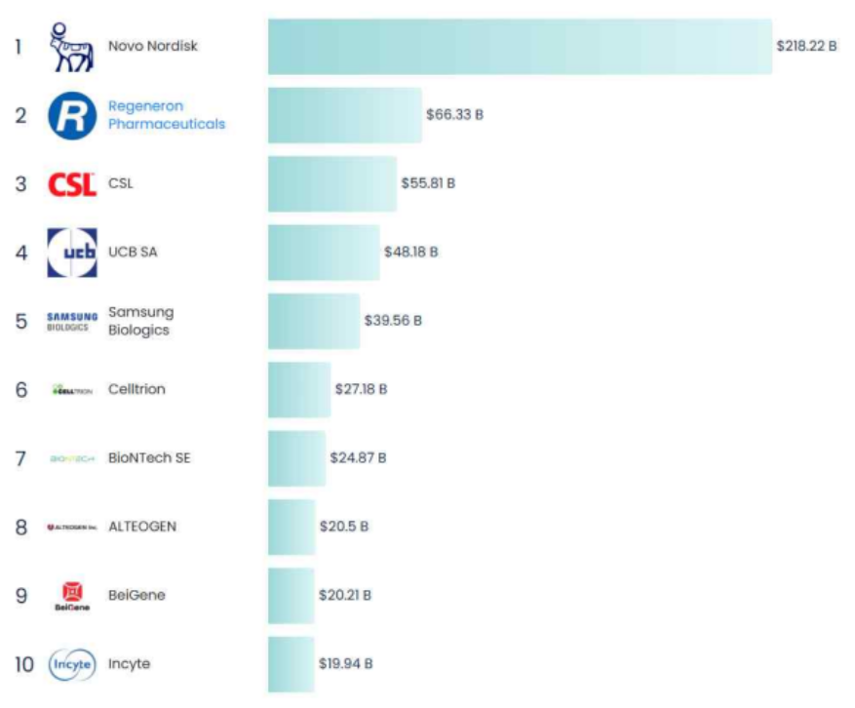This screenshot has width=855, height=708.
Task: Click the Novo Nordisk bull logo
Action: [x=71, y=47]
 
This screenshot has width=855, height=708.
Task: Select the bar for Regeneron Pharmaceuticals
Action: [x=344, y=115]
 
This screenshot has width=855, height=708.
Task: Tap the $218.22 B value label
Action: [x=806, y=46]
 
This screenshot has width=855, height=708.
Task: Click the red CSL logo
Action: [x=72, y=184]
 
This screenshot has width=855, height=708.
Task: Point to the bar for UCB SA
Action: [x=324, y=253]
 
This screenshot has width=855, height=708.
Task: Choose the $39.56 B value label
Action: [x=393, y=321]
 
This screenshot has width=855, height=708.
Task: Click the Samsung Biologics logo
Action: [x=72, y=321]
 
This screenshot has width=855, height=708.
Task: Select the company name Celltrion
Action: [x=136, y=389]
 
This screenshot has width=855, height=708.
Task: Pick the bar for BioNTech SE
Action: [x=296, y=458]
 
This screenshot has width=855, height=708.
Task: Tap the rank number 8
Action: [x=20, y=527]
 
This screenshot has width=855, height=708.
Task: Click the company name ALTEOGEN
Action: [x=142, y=527]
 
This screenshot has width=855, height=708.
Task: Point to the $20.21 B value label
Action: [x=344, y=595]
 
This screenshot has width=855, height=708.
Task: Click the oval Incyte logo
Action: [x=72, y=664]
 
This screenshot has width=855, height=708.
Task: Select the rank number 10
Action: [x=24, y=664]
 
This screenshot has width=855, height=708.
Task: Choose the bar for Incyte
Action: [x=291, y=664]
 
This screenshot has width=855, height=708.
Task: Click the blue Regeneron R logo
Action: [x=72, y=115]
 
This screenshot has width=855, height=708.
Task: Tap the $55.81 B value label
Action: [x=428, y=183]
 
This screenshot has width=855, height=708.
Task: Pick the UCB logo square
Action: [x=72, y=253]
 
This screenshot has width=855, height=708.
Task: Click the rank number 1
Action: [x=19, y=46]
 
